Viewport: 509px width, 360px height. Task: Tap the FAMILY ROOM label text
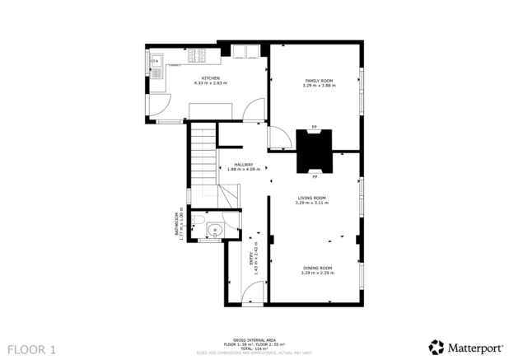click(315, 81)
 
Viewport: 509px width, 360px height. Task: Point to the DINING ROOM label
click(316, 269)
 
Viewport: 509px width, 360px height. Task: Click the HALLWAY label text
click(243, 166)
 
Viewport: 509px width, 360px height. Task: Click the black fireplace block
click(314, 150)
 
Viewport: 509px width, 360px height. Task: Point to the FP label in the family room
click(314, 126)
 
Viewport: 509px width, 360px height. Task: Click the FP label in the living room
click(314, 176)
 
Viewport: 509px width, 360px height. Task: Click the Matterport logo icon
click(435, 346)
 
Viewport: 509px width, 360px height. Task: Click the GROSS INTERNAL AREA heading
click(254, 339)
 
